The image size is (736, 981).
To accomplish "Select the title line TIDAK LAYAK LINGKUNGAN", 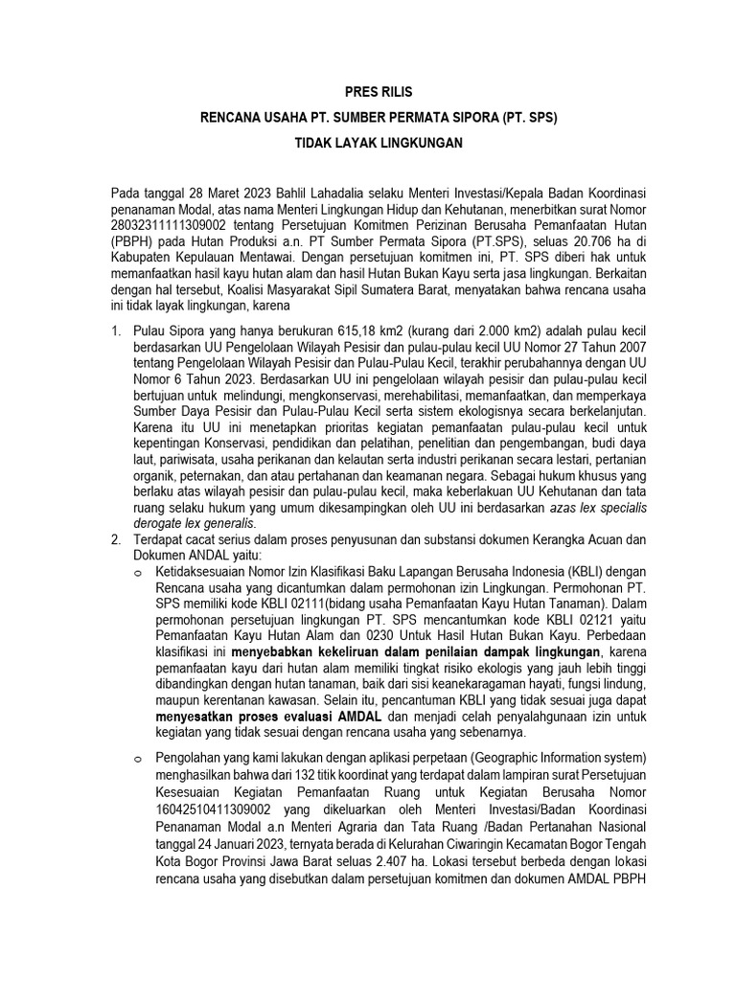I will [378, 143].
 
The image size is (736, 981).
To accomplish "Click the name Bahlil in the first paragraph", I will [296, 194].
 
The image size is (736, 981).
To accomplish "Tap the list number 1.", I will [115, 332].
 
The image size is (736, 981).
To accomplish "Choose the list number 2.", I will [115, 540].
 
